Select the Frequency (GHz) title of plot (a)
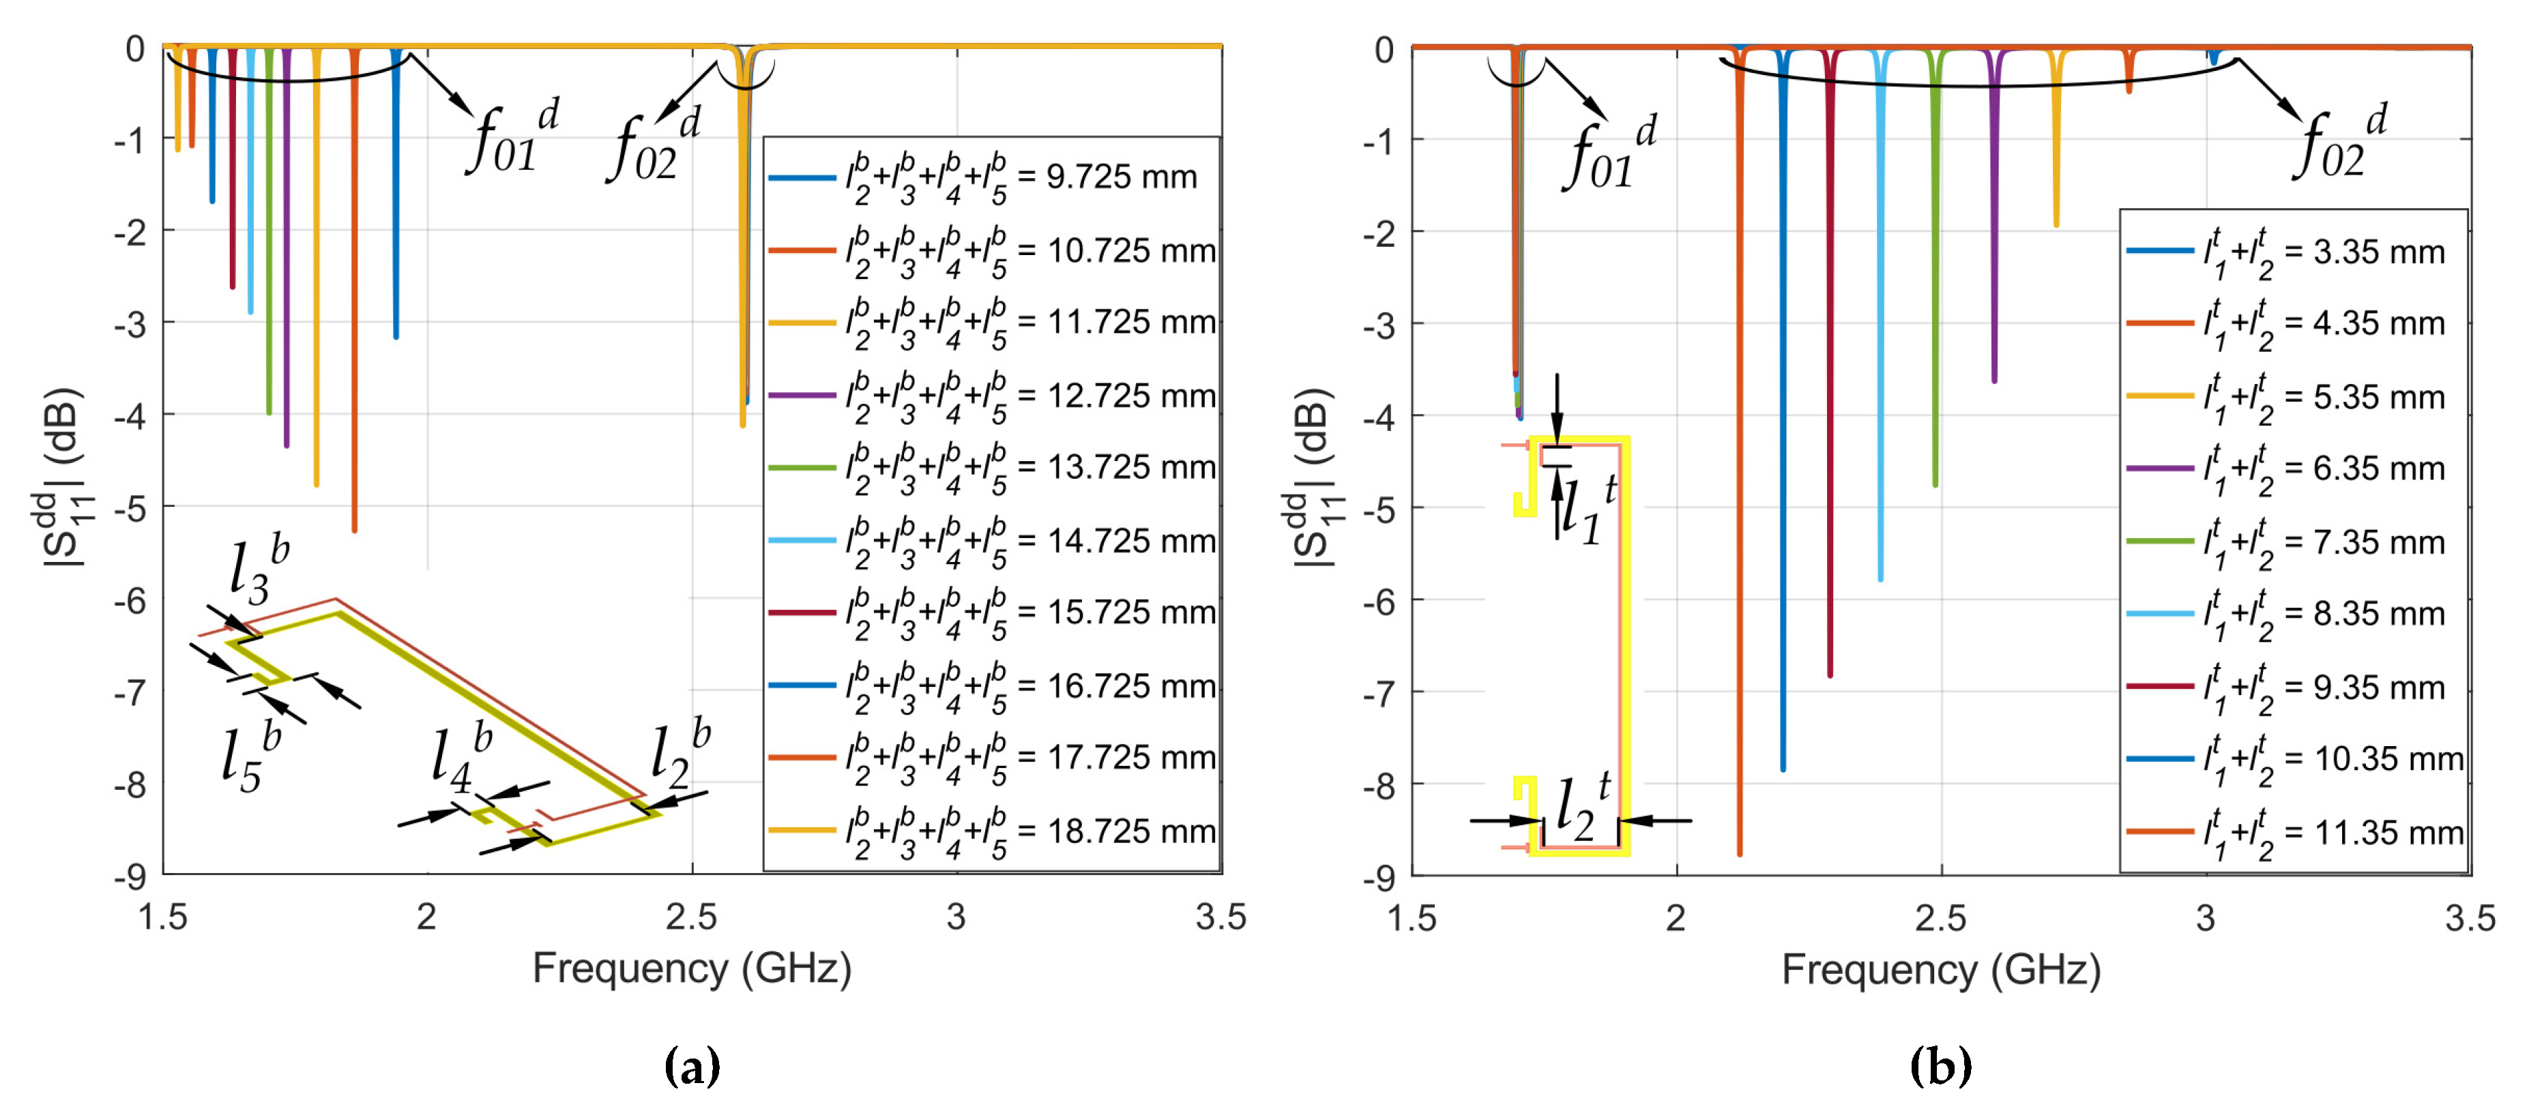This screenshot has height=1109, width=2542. click(x=692, y=969)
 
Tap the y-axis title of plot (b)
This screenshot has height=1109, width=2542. click(x=1313, y=479)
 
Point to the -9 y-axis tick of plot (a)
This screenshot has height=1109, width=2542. click(x=130, y=876)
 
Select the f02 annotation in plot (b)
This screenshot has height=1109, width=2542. click(x=2339, y=143)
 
